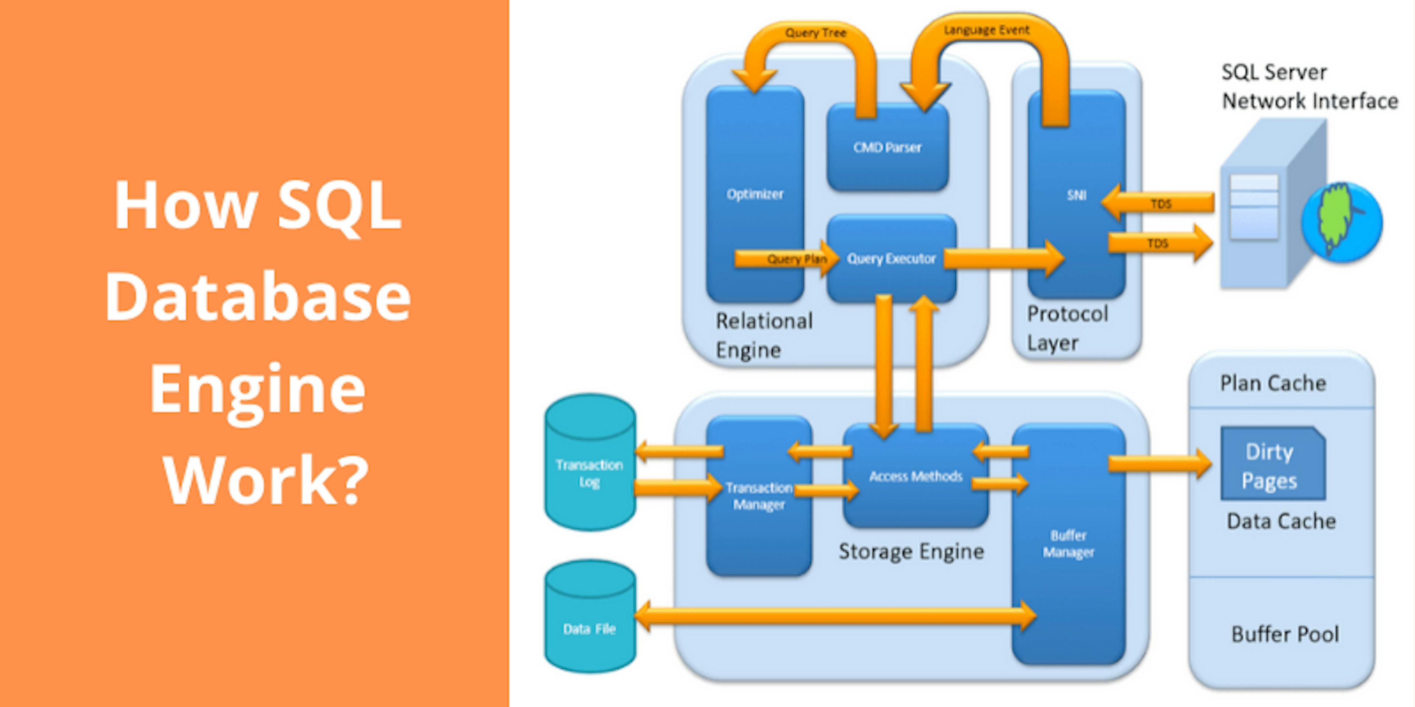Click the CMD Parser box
coord(887,147)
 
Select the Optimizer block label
coord(755,194)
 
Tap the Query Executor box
coord(891,258)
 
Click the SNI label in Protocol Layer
coord(1076,195)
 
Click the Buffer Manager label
coord(1068,544)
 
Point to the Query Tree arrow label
coord(815,33)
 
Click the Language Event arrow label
coord(986,30)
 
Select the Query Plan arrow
coord(786,258)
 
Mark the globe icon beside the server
coord(1341,222)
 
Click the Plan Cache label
coord(1273,383)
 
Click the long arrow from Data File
coord(835,616)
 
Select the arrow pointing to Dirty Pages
coord(1159,464)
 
